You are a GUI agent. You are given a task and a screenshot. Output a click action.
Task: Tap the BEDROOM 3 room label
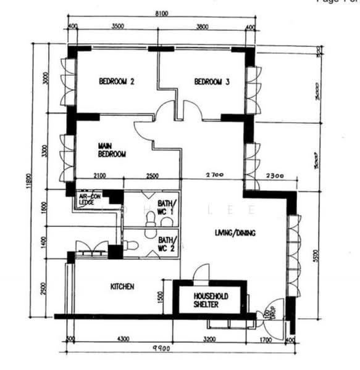[212, 81]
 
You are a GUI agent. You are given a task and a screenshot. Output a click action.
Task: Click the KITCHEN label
[122, 287]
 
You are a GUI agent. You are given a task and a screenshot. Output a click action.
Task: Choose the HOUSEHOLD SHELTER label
[211, 300]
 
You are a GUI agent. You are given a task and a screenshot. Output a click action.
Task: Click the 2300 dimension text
[275, 176]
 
